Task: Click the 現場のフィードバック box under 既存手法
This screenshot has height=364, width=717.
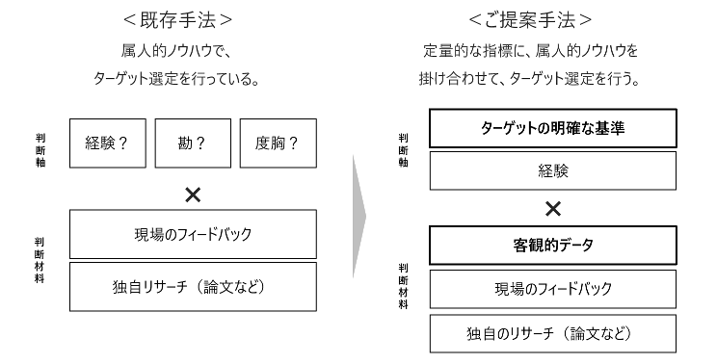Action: click(193, 233)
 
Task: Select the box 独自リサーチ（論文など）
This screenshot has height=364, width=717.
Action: click(193, 285)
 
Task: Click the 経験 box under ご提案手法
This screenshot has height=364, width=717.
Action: click(552, 170)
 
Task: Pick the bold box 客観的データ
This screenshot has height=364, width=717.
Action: click(552, 246)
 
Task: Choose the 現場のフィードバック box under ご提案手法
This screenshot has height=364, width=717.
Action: click(552, 289)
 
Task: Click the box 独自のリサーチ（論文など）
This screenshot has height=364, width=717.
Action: click(552, 332)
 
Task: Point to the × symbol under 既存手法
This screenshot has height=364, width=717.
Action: click(193, 194)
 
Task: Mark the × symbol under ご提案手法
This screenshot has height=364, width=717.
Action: click(552, 208)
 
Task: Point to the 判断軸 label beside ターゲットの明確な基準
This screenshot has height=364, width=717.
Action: click(403, 149)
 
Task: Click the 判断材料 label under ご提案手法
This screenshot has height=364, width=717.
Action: click(403, 285)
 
